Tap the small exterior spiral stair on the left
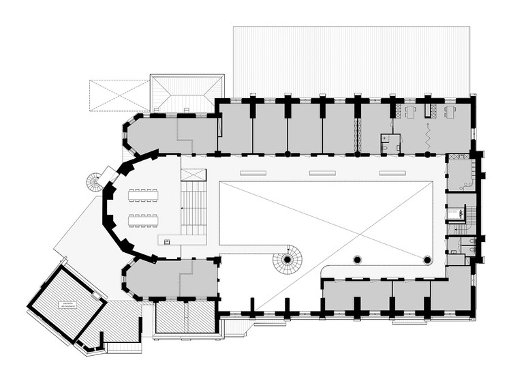pyautogui.click(x=93, y=183)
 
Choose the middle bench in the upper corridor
pyautogui.click(x=323, y=173)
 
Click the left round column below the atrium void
pyautogui.click(x=356, y=260)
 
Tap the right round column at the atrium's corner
pyautogui.click(x=427, y=260)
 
